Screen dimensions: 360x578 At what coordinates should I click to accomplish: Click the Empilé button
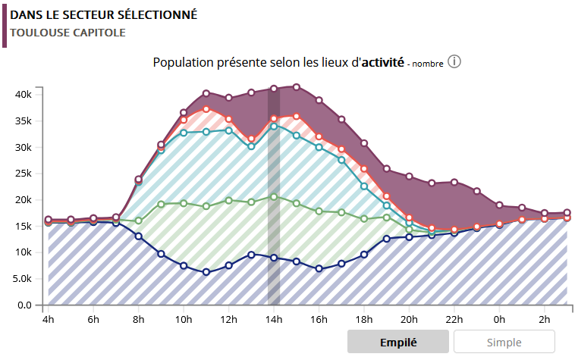click(398, 342)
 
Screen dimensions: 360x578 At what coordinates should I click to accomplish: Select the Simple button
click(504, 342)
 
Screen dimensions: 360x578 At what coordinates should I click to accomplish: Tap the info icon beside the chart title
click(454, 61)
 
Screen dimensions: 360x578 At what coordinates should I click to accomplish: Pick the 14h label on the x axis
click(274, 320)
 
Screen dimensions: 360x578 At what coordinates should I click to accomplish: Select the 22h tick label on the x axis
click(454, 320)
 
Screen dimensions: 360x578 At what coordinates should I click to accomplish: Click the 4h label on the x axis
click(49, 320)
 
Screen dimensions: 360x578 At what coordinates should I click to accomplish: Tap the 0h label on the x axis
click(499, 320)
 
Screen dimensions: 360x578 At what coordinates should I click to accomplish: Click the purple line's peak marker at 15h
click(297, 87)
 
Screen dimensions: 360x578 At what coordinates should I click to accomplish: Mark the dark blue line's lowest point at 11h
click(206, 271)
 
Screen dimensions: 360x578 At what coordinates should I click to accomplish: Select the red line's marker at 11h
click(206, 109)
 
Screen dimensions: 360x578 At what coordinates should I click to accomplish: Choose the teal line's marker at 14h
click(274, 127)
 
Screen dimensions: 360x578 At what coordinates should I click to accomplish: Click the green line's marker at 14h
click(274, 197)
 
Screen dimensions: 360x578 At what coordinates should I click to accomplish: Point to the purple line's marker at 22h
click(454, 182)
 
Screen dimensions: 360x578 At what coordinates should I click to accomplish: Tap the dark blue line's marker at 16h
click(319, 268)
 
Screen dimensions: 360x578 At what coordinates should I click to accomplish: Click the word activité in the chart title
click(384, 62)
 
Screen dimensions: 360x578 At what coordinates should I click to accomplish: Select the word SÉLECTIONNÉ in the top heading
click(154, 14)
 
